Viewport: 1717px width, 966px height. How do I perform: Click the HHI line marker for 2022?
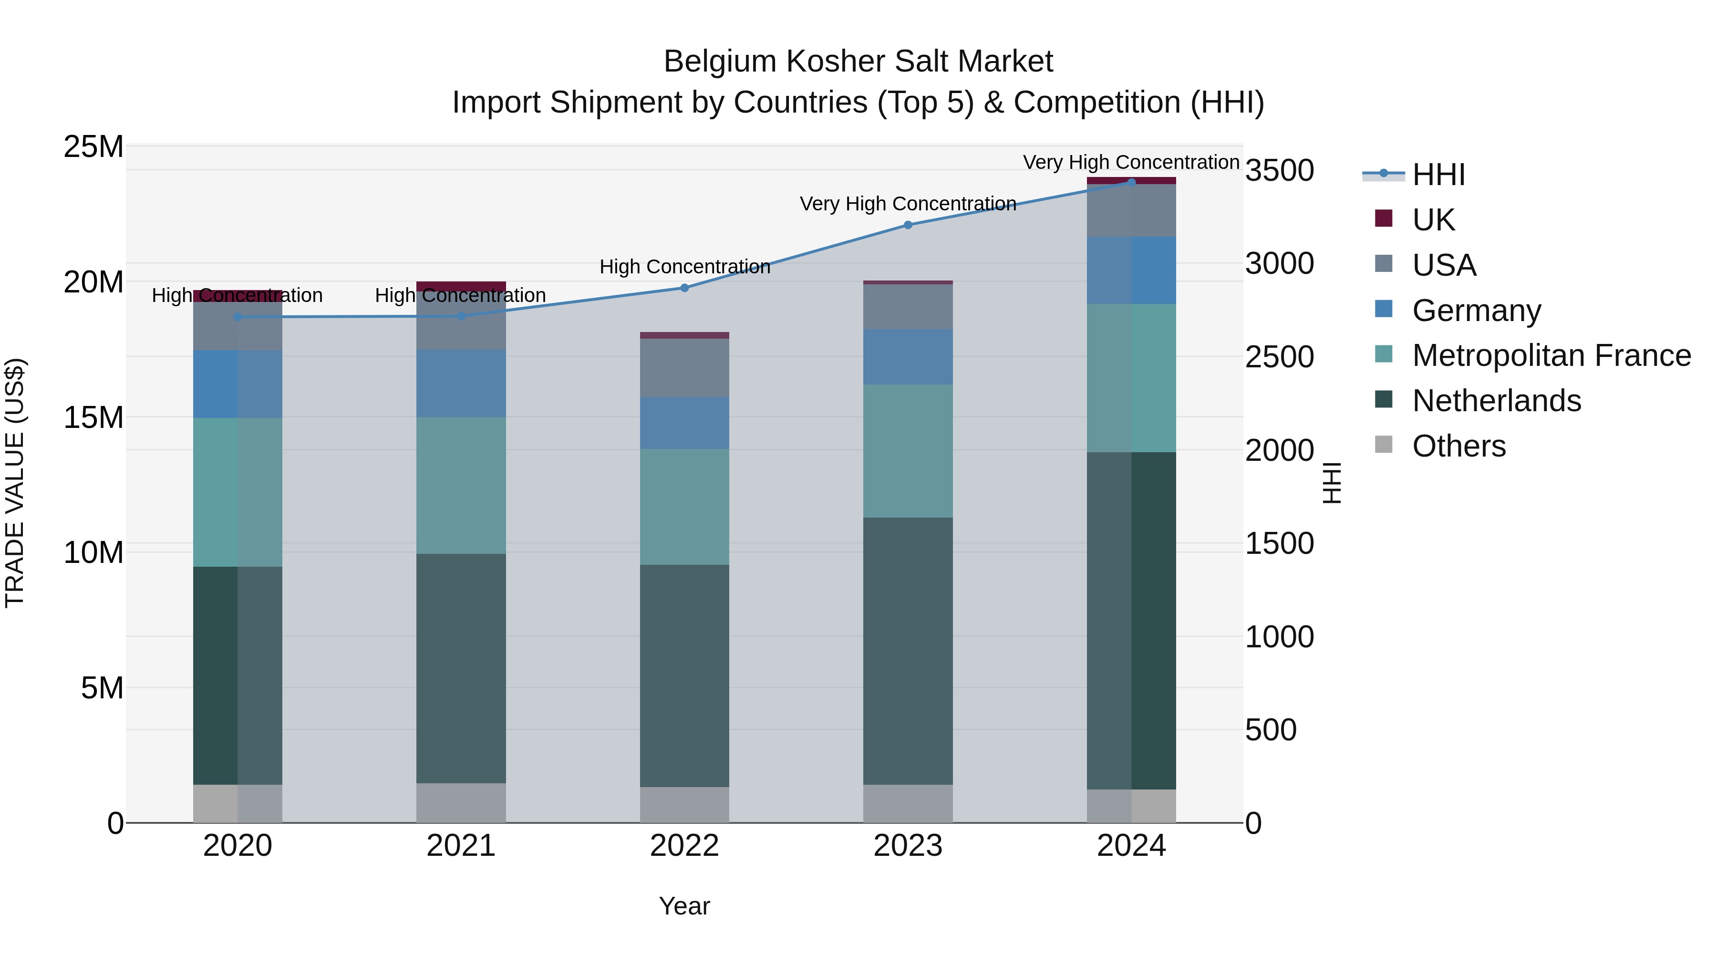(x=684, y=288)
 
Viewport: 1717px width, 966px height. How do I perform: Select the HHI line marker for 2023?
(x=907, y=225)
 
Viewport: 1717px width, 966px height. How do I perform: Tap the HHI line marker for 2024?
(x=1131, y=182)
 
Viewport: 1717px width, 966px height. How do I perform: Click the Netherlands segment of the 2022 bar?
(x=684, y=675)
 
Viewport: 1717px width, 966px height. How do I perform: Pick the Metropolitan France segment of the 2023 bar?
(x=907, y=451)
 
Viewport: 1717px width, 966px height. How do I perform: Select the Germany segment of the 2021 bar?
(x=461, y=384)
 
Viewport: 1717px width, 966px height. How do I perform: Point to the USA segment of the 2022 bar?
(x=684, y=368)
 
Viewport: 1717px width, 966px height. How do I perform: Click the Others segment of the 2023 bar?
(x=907, y=803)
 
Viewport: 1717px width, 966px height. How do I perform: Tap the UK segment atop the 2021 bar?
(x=461, y=286)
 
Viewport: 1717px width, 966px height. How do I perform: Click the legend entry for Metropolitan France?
(x=1551, y=355)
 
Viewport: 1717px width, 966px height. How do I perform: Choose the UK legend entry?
(x=1433, y=219)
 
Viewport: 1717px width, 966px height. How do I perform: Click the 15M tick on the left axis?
(x=93, y=417)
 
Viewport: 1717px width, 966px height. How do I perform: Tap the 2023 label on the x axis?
(x=907, y=846)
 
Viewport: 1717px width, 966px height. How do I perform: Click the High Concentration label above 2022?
(x=684, y=267)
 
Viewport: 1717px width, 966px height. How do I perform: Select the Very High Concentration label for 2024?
(x=1131, y=162)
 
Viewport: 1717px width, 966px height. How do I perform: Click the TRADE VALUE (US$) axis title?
(x=15, y=483)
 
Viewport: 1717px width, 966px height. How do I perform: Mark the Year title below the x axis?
(x=684, y=906)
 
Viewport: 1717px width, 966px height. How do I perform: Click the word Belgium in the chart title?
(x=719, y=62)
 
